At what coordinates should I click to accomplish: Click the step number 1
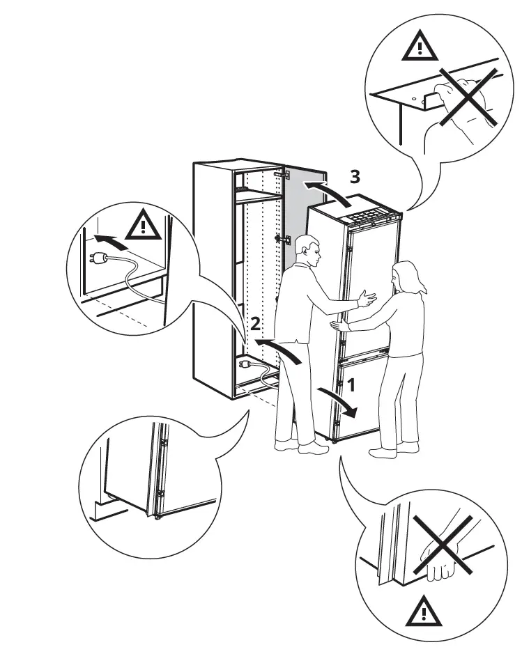click(x=352, y=382)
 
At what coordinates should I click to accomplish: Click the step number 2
click(x=256, y=323)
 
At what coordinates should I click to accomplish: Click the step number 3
click(x=355, y=177)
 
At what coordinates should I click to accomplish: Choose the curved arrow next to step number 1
click(x=340, y=403)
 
